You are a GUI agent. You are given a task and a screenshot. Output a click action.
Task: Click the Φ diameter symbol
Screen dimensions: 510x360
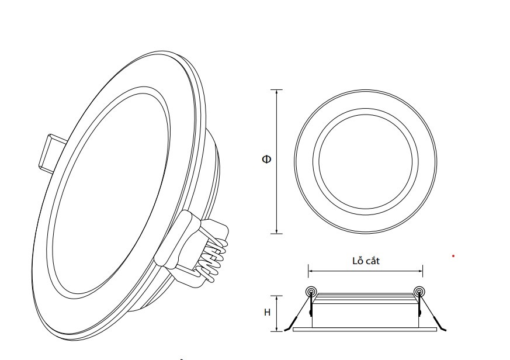[266, 159]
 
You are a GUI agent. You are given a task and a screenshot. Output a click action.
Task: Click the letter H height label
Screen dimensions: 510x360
[267, 313]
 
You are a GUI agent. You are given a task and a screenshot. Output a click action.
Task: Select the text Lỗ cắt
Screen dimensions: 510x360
[366, 261]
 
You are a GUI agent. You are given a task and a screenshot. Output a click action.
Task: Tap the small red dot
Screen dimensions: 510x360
[453, 256]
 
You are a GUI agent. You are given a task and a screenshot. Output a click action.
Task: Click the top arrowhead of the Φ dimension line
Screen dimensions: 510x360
[276, 92]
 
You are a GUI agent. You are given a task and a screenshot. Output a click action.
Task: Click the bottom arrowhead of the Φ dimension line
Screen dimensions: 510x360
[276, 231]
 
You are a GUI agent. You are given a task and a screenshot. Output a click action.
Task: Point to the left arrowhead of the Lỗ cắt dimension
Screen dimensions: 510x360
[311, 271]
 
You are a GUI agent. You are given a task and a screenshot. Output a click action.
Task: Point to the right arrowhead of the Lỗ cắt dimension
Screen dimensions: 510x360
[420, 271]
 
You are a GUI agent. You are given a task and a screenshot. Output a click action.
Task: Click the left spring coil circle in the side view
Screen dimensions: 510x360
[311, 290]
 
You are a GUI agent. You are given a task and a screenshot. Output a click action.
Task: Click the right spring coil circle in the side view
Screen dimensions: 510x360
[419, 290]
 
